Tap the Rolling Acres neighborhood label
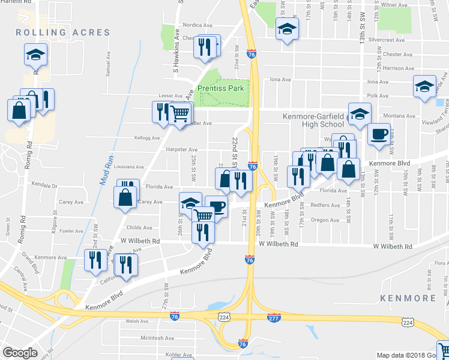coord(63,32)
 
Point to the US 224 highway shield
coord(408,322)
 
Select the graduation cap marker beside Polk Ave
coord(424,86)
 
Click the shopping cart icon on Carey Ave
coord(203,215)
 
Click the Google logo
coord(20,353)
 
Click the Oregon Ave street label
coord(325,220)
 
